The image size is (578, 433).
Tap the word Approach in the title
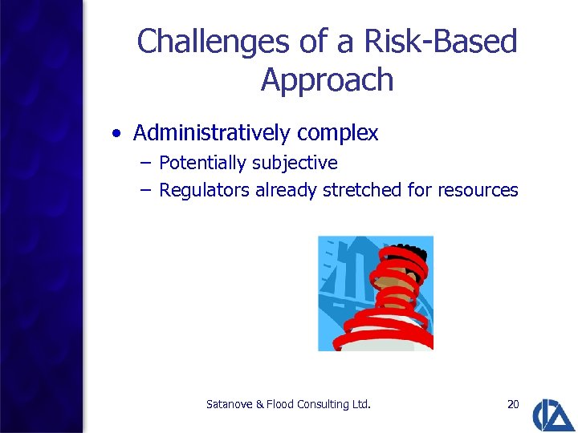click(x=327, y=80)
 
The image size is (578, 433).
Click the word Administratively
click(x=215, y=133)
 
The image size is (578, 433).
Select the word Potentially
click(x=202, y=164)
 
